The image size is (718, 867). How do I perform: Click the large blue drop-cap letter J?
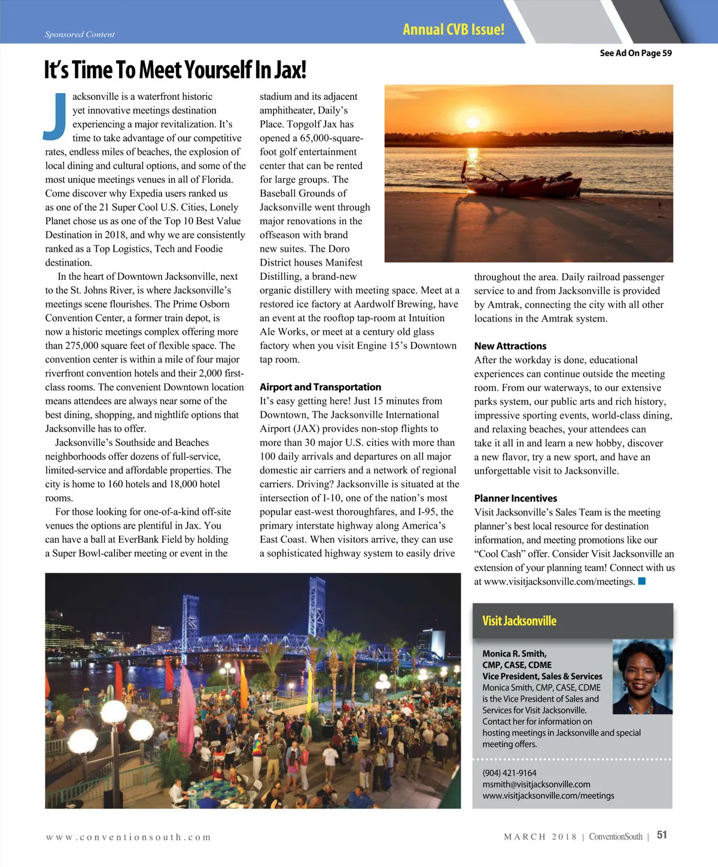pos(56,117)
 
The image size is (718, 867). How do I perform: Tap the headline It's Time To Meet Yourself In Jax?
pos(175,70)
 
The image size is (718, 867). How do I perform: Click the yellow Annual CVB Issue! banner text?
pos(453,29)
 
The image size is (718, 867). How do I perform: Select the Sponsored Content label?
pos(80,34)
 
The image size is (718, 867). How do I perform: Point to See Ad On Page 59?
pos(635,53)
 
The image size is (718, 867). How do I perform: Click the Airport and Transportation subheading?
pos(320,387)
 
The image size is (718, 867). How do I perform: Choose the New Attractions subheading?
pos(510,346)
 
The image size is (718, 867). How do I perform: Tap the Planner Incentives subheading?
pos(515,498)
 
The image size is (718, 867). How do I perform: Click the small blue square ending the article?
pos(642,581)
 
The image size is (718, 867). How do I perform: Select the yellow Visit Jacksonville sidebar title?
pos(519,621)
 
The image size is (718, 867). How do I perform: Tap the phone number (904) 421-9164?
pos(509,773)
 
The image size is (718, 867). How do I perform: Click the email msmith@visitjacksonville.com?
pos(536,784)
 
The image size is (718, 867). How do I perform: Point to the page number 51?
pos(662,835)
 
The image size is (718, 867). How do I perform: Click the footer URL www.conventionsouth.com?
pos(128,837)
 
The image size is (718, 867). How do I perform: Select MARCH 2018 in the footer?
pos(540,837)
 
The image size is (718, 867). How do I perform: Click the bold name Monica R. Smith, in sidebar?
pos(514,654)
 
